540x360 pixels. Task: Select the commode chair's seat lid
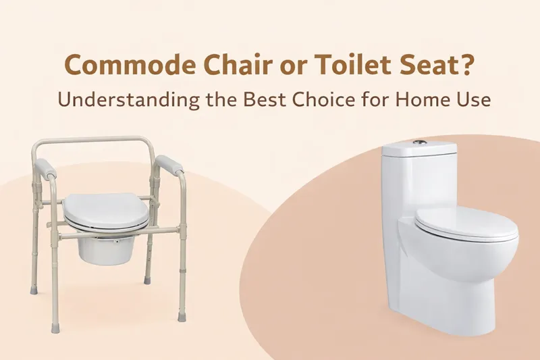[x=106, y=209]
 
